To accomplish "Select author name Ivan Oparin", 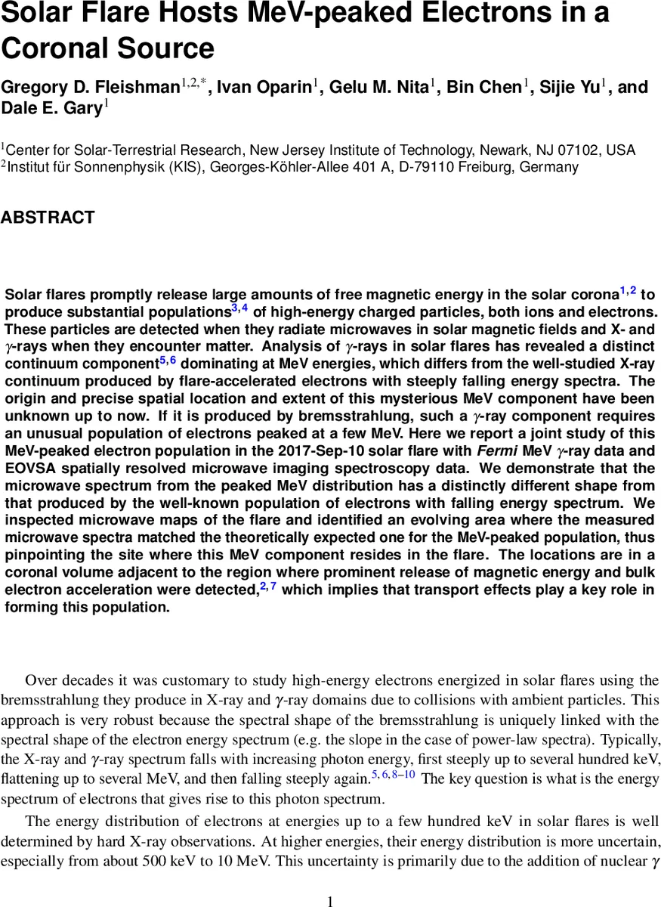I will [x=263, y=88].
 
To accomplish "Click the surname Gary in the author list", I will [x=82, y=109].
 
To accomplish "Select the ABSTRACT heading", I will [x=48, y=218].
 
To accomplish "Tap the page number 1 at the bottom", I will [x=330, y=900].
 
